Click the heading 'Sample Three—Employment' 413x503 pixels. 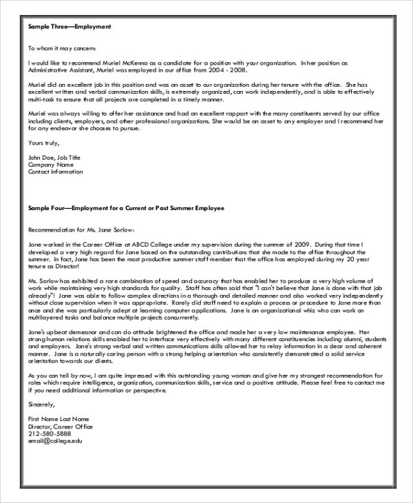click(x=70, y=27)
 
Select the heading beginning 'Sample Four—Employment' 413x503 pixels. click(x=126, y=207)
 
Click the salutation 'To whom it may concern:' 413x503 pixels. click(x=62, y=49)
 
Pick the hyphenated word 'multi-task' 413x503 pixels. click(x=42, y=99)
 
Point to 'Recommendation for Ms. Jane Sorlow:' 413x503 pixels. click(x=82, y=229)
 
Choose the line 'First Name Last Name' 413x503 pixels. click(x=59, y=418)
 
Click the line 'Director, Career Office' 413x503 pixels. click(x=61, y=426)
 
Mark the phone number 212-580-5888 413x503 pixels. click(x=49, y=433)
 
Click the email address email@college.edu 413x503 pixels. click(x=54, y=441)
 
